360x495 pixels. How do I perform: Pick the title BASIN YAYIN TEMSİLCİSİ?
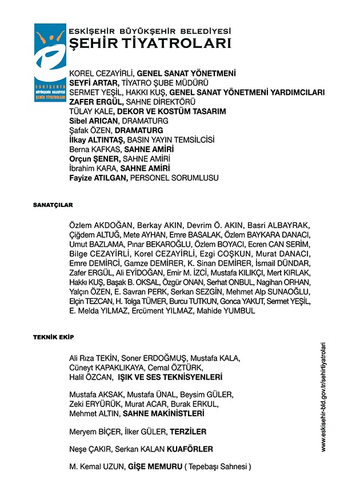pyautogui.click(x=170, y=140)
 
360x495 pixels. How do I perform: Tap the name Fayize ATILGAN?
pyautogui.click(x=98, y=178)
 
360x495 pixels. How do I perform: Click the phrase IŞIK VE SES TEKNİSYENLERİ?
pyautogui.click(x=170, y=378)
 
